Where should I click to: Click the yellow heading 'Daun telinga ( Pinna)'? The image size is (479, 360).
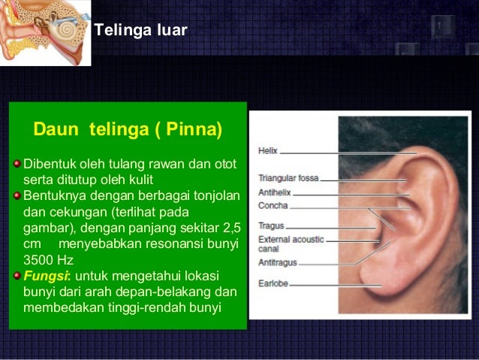pos(128,130)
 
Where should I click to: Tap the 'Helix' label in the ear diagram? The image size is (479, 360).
pos(267,150)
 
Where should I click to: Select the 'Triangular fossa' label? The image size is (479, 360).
pos(288,179)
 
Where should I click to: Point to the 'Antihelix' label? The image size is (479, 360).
pos(275,192)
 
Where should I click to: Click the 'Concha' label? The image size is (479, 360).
pos(273,205)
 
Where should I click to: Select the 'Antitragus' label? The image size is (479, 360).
pos(278,262)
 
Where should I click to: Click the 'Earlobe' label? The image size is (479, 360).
pos(273,284)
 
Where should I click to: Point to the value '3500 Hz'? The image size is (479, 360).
pos(46,259)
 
